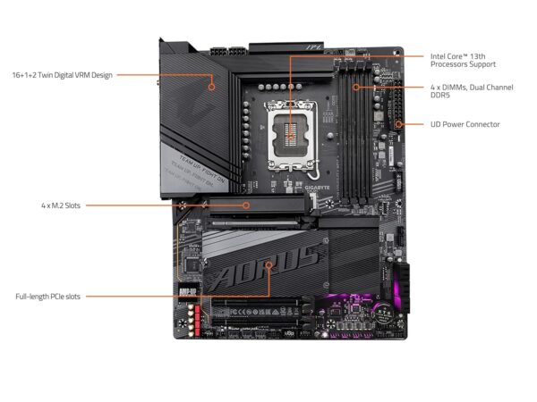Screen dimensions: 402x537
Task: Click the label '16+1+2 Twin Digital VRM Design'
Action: coord(63,74)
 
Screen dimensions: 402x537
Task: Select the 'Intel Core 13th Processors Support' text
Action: coord(462,60)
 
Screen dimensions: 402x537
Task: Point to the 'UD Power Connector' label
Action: coord(465,124)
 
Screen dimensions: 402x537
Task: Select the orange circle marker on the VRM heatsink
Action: coord(212,87)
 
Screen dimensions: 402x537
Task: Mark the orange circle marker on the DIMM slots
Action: coord(356,87)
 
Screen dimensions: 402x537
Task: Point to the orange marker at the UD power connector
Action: coord(398,124)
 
